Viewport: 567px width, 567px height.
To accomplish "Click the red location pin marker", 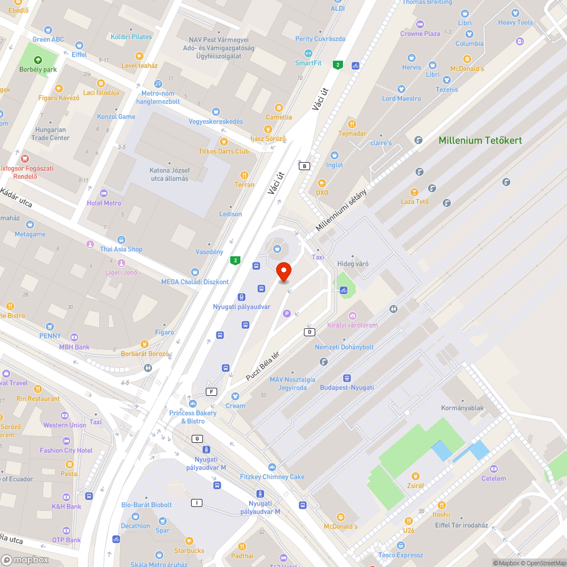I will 283,272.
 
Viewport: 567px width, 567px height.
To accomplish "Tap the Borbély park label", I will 38,70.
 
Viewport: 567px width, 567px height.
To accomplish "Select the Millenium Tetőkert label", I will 480,140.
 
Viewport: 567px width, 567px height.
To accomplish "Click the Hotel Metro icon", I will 103,193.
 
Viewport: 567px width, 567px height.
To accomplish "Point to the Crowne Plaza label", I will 420,33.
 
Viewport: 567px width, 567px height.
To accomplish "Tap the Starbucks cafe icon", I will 189,541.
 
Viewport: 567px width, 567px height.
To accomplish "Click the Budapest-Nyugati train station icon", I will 346,378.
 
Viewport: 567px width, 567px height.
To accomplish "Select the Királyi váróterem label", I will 352,325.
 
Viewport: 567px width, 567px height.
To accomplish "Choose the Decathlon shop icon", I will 135,516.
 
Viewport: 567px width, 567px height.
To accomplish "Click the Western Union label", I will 65,425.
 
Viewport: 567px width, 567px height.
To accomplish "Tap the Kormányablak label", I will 462,408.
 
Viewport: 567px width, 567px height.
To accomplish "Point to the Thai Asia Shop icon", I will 121,239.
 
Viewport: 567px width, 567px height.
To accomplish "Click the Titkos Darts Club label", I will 223,151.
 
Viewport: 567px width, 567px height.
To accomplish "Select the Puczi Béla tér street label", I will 263,366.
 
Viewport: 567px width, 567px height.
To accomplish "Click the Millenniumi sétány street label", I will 341,209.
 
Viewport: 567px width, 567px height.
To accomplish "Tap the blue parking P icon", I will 286,313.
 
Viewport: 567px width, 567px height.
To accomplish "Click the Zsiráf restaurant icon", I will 416,476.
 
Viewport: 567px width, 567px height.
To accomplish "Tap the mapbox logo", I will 25,560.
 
